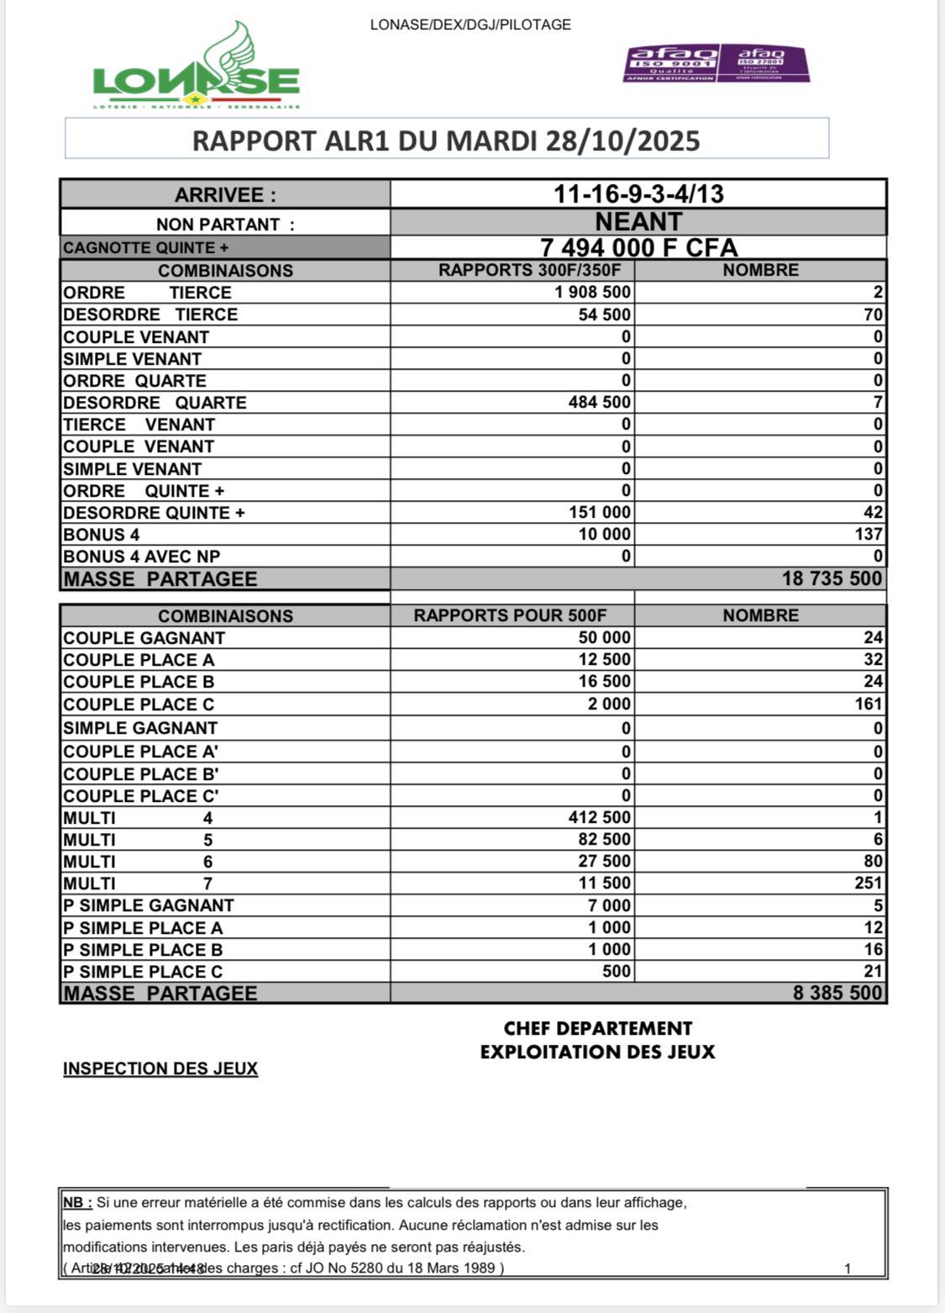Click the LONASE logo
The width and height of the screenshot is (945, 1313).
[x=196, y=68]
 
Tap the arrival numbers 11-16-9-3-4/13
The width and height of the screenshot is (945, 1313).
[x=638, y=194]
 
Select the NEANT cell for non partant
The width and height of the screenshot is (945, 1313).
[x=638, y=222]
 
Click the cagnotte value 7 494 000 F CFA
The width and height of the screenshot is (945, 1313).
[x=638, y=248]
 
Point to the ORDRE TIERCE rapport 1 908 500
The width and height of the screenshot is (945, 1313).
[x=593, y=293]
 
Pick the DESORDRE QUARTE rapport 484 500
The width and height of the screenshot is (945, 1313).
[x=600, y=403]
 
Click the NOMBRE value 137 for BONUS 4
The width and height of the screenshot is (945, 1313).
[x=869, y=535]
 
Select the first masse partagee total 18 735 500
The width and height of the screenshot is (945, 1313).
[x=832, y=578]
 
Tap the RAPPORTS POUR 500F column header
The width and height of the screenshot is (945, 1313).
[x=510, y=615]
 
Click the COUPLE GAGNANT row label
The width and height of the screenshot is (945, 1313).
[x=144, y=638]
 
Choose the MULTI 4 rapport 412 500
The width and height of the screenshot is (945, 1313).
[x=600, y=818]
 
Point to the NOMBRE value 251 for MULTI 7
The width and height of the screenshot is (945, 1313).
[x=869, y=883]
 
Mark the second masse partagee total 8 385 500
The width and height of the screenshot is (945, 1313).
[x=837, y=993]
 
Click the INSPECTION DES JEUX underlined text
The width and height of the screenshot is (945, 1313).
[x=160, y=1069]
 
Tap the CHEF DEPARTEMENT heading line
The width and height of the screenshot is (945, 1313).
[x=597, y=1029]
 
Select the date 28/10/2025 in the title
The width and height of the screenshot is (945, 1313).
[x=622, y=140]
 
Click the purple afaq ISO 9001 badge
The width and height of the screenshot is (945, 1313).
[x=671, y=64]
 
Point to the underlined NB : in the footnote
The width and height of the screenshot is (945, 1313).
[x=77, y=1203]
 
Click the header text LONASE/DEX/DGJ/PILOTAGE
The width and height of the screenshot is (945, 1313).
[x=470, y=25]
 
